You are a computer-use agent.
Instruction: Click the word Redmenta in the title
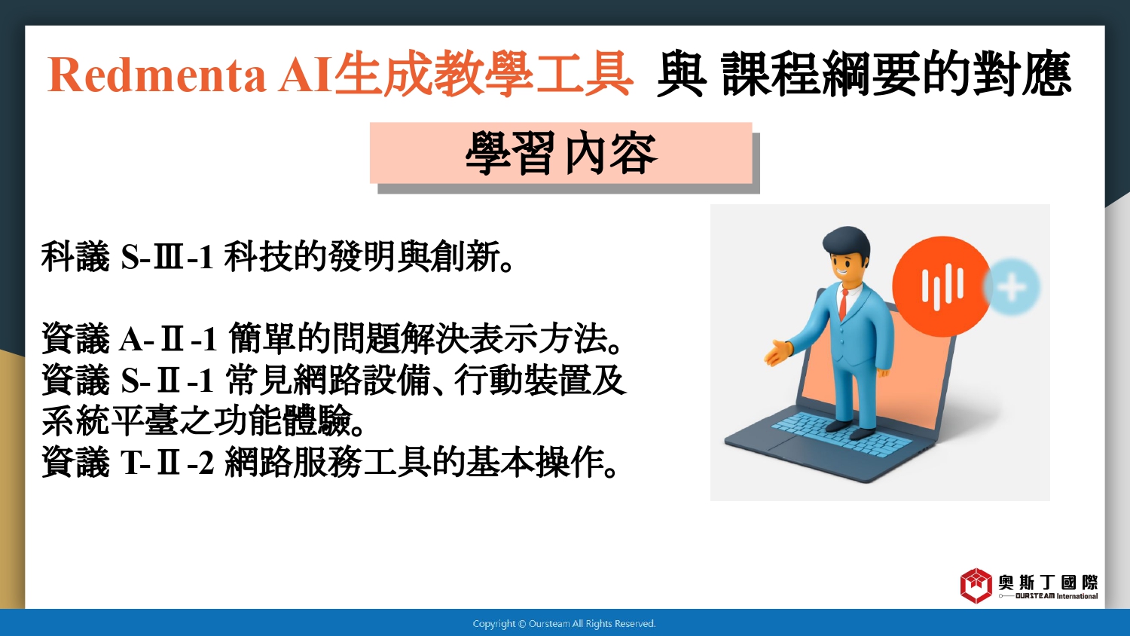[157, 75]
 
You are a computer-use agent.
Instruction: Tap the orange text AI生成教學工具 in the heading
[456, 74]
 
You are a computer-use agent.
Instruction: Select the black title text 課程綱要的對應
[896, 74]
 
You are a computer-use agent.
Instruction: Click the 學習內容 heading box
[561, 152]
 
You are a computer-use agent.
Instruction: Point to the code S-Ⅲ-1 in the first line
[167, 256]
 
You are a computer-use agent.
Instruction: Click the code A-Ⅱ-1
[168, 338]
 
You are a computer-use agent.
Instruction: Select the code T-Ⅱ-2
[167, 463]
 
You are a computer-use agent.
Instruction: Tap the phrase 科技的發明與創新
[368, 256]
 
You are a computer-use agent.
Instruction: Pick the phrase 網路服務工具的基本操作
[421, 462]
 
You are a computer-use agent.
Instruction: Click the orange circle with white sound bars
[942, 286]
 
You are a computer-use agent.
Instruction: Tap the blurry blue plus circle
[1012, 286]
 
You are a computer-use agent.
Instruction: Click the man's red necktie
[843, 304]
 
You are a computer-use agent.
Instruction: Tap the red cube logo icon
[976, 586]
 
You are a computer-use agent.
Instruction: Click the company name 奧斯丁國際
[1048, 582]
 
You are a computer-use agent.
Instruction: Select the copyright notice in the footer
[564, 624]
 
